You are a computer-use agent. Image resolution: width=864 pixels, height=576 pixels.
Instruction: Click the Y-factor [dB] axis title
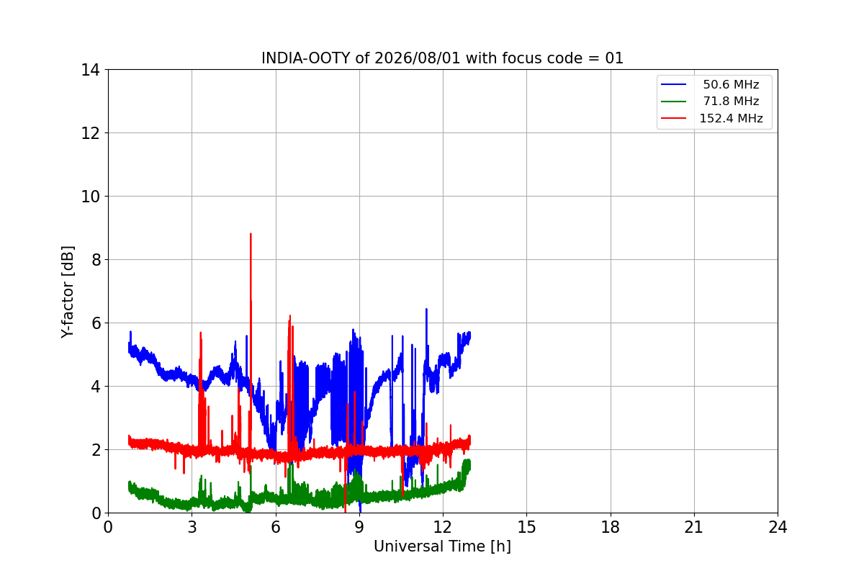[x=68, y=292]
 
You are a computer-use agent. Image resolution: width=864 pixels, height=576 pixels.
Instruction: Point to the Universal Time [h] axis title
[x=442, y=546]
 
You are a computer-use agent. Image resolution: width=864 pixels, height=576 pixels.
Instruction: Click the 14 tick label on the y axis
[x=90, y=71]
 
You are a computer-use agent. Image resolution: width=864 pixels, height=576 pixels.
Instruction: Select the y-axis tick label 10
[x=90, y=197]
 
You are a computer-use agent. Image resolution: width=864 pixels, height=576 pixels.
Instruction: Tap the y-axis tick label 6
[x=96, y=323]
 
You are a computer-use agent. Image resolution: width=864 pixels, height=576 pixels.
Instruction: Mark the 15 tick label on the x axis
[x=526, y=527]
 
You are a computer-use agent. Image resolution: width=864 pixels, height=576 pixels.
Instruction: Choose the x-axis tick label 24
[x=778, y=527]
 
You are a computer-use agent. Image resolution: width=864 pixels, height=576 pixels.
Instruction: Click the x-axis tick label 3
[x=192, y=527]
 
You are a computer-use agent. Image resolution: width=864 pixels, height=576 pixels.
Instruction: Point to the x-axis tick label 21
[x=694, y=527]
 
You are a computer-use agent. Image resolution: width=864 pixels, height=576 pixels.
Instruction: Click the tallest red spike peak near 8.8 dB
[x=251, y=234]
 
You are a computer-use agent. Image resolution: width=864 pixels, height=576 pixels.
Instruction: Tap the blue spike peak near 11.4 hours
[x=426, y=309]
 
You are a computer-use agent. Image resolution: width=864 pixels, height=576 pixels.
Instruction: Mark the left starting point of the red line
[x=129, y=441]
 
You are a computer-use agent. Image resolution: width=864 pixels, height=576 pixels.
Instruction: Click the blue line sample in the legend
[x=673, y=84]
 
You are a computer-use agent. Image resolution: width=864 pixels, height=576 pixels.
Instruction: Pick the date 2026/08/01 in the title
[x=418, y=58]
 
